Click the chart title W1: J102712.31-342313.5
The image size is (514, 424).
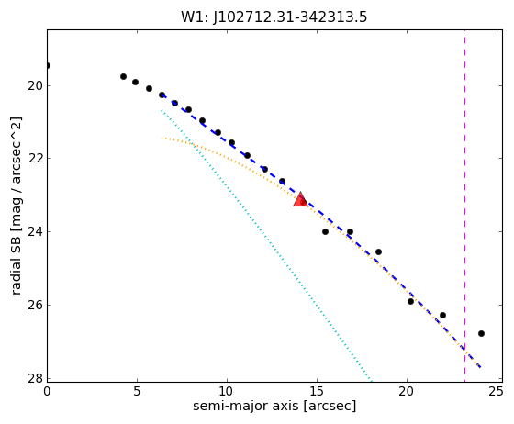274,17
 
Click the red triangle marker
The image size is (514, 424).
300,199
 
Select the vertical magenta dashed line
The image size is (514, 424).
464,206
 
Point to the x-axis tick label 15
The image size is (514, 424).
317,391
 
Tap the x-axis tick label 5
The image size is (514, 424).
137,391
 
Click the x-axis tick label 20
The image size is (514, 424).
407,391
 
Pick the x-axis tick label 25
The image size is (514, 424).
497,391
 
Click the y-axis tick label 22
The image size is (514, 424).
35,158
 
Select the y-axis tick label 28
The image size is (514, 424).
35,378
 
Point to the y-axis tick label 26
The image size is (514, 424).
35,305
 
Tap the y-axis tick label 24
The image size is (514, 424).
35,231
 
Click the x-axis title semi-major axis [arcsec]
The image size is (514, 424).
274,407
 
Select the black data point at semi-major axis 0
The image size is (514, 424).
48,65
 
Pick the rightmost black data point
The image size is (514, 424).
481,333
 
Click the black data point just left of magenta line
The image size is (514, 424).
442,315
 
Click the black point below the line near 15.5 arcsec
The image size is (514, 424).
325,231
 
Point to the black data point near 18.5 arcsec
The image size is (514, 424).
378,252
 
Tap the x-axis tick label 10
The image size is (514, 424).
227,391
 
